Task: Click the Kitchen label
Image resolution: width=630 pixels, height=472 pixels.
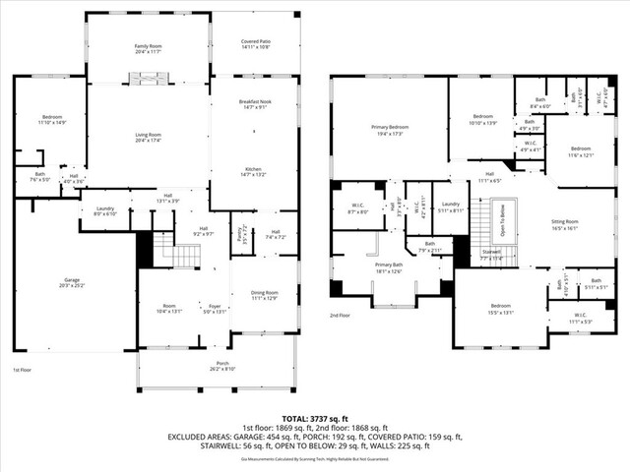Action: tap(253, 172)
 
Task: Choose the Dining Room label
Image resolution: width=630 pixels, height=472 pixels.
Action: tap(264, 295)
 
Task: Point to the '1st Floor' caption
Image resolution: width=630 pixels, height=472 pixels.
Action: tap(22, 370)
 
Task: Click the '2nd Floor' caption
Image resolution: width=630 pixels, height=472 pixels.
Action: tap(341, 316)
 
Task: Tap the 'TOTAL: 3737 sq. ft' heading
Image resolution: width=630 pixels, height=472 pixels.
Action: tap(314, 418)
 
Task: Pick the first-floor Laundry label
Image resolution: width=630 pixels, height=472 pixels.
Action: tap(104, 211)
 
